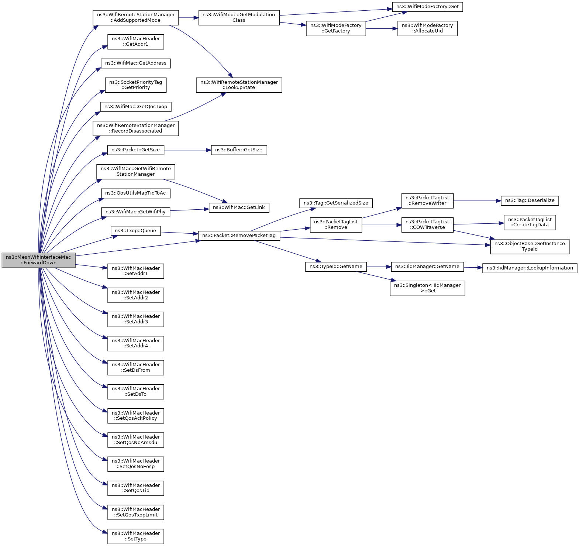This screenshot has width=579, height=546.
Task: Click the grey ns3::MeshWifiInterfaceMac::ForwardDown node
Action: (38, 260)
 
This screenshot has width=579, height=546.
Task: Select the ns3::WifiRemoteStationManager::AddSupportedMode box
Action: (136, 18)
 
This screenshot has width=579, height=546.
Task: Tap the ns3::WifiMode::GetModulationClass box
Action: (239, 18)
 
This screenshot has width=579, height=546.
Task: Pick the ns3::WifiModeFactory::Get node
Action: (427, 7)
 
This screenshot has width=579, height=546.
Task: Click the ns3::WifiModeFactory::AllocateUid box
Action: (427, 28)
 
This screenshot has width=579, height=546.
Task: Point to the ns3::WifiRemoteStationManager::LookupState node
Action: (239, 85)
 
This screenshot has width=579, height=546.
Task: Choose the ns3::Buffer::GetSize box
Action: (239, 150)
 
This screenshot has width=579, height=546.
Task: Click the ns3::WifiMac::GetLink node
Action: (239, 207)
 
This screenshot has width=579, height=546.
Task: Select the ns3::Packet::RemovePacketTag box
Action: (239, 236)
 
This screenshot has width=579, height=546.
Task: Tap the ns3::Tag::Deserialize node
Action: (530, 200)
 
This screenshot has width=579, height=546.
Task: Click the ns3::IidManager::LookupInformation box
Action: (530, 268)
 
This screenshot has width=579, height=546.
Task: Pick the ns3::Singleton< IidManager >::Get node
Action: (427, 288)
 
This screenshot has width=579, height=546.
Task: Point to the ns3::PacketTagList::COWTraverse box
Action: (427, 225)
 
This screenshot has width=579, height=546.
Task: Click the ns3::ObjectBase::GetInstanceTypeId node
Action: (530, 246)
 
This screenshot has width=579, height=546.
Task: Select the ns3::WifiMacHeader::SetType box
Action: (136, 536)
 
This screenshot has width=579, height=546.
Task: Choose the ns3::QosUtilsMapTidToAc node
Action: (136, 193)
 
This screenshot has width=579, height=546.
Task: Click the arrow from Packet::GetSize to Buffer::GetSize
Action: (187, 150)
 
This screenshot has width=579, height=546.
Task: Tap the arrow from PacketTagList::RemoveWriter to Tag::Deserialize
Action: (477, 201)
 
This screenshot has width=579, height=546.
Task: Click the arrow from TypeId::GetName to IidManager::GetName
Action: (379, 267)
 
